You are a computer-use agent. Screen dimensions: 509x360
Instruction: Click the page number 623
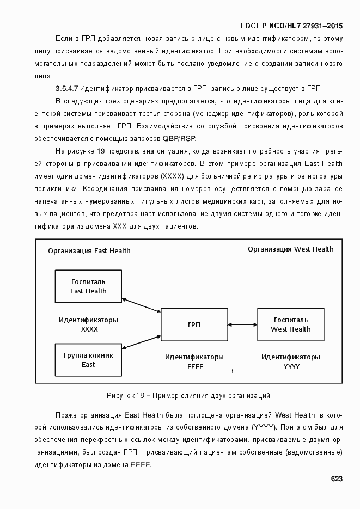click(x=336, y=479)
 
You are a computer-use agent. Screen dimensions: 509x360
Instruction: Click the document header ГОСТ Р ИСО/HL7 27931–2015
click(x=291, y=26)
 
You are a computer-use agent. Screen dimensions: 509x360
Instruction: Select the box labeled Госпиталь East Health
click(x=88, y=286)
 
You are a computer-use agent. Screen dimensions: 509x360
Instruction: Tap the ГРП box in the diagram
click(x=193, y=325)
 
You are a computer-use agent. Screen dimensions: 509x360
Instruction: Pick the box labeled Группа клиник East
click(x=88, y=360)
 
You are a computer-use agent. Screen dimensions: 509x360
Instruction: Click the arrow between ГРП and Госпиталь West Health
click(x=242, y=325)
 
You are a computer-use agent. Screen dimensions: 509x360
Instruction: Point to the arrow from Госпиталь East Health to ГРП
click(x=141, y=305)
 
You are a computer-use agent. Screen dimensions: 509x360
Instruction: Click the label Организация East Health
click(x=89, y=251)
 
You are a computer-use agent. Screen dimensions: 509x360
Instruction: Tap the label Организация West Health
click(x=291, y=249)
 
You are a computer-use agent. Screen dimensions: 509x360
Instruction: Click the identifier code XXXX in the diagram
click(x=89, y=329)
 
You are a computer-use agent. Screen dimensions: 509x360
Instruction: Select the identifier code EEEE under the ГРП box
click(x=194, y=367)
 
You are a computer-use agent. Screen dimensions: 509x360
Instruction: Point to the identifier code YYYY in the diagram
click(x=291, y=367)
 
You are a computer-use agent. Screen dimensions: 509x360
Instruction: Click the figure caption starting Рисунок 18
click(x=188, y=395)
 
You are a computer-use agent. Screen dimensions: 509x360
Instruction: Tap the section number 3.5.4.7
click(x=68, y=88)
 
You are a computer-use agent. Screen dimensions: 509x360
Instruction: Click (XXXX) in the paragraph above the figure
click(x=172, y=176)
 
